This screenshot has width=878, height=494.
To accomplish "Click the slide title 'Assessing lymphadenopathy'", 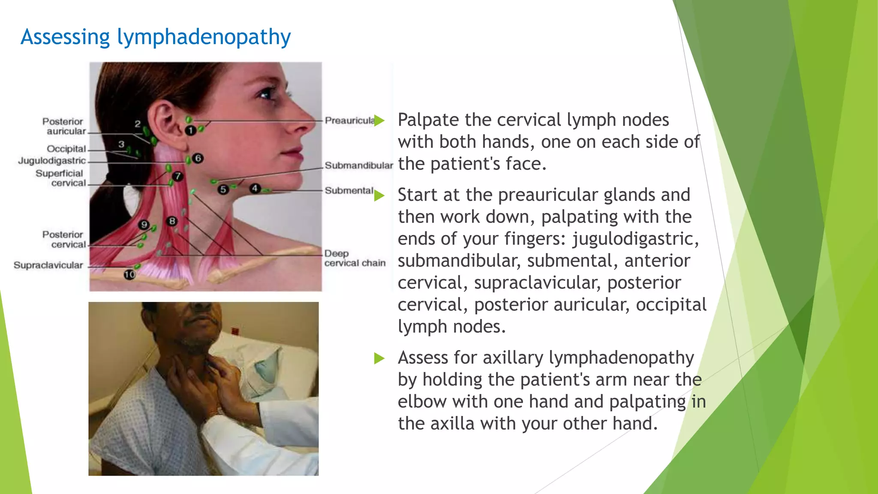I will click(x=156, y=37).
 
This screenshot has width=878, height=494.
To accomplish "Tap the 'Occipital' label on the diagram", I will click(x=66, y=149).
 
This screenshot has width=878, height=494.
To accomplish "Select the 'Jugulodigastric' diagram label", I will click(x=52, y=161).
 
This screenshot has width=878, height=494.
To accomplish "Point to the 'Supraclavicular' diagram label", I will click(x=48, y=265).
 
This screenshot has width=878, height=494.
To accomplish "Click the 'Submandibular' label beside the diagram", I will click(x=358, y=166).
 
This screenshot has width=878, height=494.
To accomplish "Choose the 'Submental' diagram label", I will click(x=349, y=190).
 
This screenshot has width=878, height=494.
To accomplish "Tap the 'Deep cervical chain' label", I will click(x=354, y=258).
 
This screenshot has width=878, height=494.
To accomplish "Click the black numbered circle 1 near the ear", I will click(x=190, y=130).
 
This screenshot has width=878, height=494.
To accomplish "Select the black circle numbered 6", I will click(x=198, y=158).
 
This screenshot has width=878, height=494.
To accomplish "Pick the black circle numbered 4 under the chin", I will click(x=255, y=188).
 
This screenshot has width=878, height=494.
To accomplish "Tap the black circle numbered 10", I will click(x=129, y=274).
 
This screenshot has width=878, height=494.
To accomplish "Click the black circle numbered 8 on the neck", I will click(x=172, y=221).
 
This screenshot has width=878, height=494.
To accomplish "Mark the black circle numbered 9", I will click(x=144, y=225).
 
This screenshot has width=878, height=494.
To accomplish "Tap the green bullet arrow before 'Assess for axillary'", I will click(x=379, y=358).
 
